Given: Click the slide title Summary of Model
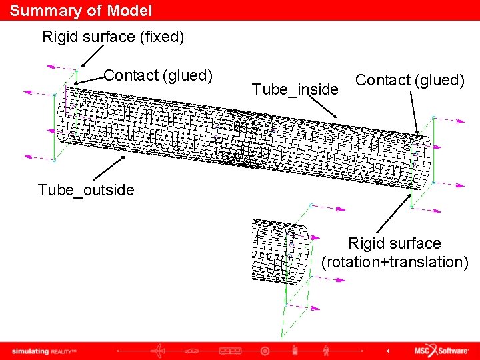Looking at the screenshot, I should (x=81, y=11).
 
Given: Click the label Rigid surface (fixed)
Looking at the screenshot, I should (x=113, y=37).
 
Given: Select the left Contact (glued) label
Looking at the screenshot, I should (x=158, y=75).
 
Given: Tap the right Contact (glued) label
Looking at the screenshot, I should (x=409, y=80).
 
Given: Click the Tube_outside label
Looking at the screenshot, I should (x=86, y=190).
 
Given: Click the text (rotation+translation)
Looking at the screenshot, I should (x=395, y=262).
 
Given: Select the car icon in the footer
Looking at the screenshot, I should (x=192, y=350).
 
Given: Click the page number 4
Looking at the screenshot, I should (x=387, y=351).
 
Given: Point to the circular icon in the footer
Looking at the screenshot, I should (x=265, y=350).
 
